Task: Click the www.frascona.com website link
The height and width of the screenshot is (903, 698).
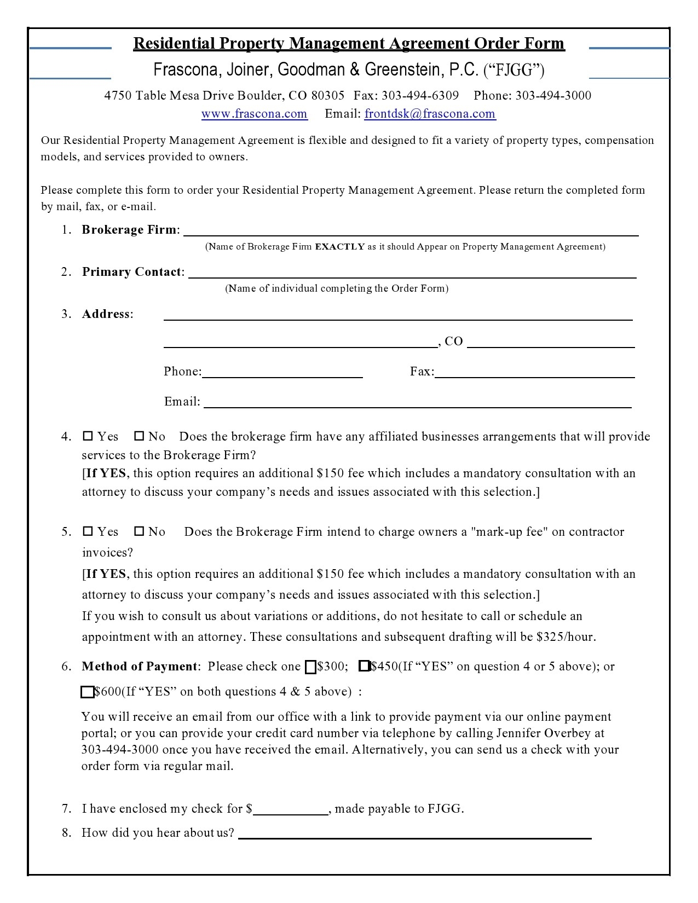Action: [254, 114]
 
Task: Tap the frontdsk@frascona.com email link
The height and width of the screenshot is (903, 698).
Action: [430, 114]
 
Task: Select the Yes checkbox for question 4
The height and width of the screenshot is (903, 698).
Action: [88, 436]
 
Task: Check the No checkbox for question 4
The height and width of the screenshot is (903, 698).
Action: [139, 436]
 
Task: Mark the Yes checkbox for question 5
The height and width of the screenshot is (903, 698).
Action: [88, 531]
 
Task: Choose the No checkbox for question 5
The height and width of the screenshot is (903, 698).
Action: [139, 531]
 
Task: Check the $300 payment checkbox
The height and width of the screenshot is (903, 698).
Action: [310, 667]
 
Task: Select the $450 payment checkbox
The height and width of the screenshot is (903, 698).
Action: [364, 666]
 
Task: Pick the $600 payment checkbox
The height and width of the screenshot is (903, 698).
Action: [87, 692]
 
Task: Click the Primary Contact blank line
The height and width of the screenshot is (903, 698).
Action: [412, 273]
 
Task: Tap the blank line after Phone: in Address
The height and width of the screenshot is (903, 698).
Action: [282, 373]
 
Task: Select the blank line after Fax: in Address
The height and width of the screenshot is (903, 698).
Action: [534, 373]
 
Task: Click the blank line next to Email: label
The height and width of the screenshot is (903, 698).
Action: [417, 403]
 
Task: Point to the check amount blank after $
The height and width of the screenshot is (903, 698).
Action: [291, 809]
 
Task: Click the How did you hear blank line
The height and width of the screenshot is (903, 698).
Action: [414, 833]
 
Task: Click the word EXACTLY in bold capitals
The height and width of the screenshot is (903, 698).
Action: [339, 247]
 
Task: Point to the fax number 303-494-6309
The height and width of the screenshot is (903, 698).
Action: [420, 96]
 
